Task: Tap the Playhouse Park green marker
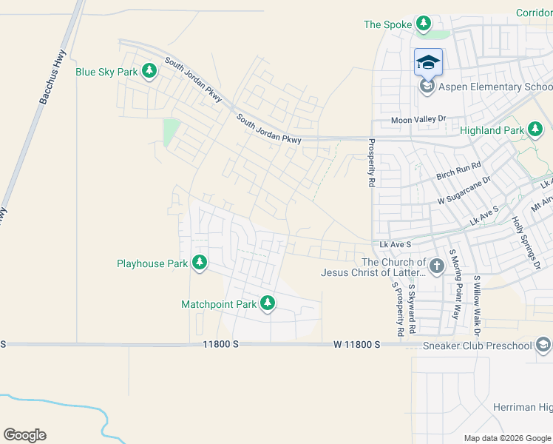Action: pyautogui.click(x=199, y=262)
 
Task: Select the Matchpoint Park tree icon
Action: pyautogui.click(x=268, y=303)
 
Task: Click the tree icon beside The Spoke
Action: pyautogui.click(x=424, y=24)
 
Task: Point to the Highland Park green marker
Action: pyautogui.click(x=536, y=130)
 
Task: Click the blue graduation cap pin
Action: pyautogui.click(x=428, y=62)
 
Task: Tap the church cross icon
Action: pyautogui.click(x=436, y=266)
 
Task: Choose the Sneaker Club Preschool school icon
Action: pyautogui.click(x=543, y=346)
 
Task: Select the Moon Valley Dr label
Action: pyautogui.click(x=419, y=120)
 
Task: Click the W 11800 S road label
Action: pyautogui.click(x=356, y=345)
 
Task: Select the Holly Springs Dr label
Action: pyautogui.click(x=527, y=243)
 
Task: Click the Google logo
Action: pyautogui.click(x=24, y=435)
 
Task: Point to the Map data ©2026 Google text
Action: pyautogui.click(x=506, y=438)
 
